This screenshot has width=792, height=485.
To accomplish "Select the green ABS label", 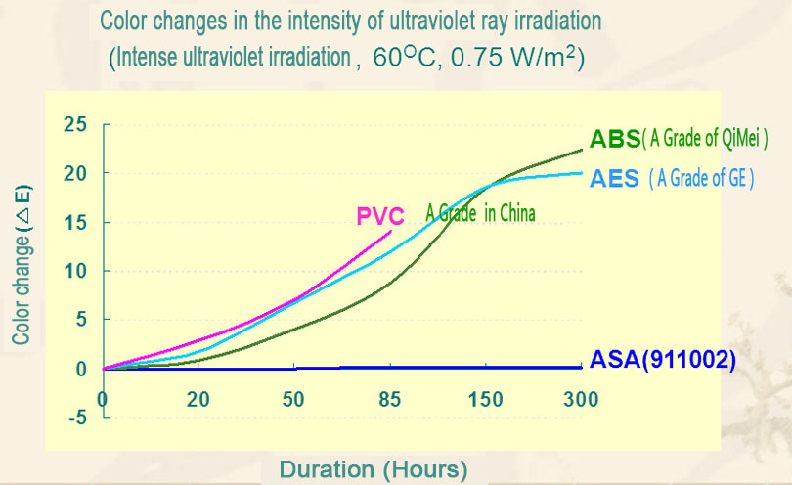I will point(615,138).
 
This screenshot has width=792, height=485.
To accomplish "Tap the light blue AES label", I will point(615,178).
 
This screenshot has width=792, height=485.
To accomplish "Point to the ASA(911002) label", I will point(662,359).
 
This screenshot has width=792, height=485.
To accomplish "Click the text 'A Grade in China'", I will point(480,212).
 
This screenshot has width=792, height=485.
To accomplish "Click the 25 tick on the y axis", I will point(74,124).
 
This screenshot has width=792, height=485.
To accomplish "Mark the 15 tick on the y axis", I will point(74,222).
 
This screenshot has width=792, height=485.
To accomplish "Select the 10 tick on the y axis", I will point(74,271).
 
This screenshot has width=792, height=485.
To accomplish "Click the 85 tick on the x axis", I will point(390,398).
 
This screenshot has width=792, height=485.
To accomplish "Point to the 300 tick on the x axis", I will point(581,398).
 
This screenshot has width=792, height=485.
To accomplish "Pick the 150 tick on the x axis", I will point(486,398).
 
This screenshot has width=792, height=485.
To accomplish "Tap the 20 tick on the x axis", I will point(198,398).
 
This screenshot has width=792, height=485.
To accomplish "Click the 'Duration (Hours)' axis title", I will point(374,468).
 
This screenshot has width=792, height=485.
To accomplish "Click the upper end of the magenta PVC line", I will point(390,232).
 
